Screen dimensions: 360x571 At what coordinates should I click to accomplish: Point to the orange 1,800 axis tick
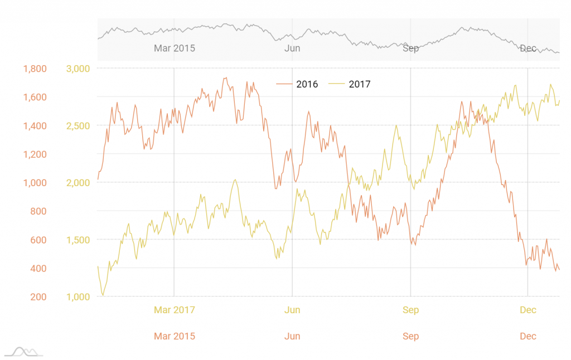pyautogui.click(x=35, y=69)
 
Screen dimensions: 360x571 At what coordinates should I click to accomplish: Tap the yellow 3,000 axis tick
pyautogui.click(x=78, y=69)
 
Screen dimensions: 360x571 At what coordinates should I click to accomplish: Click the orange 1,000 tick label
pyautogui.click(x=35, y=182)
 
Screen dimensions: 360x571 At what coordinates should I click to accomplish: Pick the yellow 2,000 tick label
pyautogui.click(x=78, y=182)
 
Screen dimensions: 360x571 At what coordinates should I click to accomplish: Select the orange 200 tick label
pyautogui.click(x=38, y=296)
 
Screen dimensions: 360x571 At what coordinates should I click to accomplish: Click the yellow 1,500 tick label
pyautogui.click(x=78, y=240)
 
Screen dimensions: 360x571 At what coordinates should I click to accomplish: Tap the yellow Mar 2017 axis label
pyautogui.click(x=174, y=310)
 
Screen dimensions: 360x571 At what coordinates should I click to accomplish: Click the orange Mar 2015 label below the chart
pyautogui.click(x=174, y=336)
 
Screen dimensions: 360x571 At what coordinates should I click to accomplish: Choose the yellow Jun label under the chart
pyautogui.click(x=292, y=310)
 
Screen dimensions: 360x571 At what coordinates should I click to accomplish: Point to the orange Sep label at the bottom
pyautogui.click(x=410, y=336)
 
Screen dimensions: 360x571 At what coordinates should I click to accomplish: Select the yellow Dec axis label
pyautogui.click(x=528, y=310)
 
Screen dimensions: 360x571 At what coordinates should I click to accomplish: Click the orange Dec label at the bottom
pyautogui.click(x=528, y=336)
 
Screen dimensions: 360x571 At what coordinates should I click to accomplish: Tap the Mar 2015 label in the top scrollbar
pyautogui.click(x=174, y=48)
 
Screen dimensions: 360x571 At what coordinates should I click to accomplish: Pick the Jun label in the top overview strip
pyautogui.click(x=292, y=48)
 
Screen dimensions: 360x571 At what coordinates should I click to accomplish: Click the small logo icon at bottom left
pyautogui.click(x=23, y=352)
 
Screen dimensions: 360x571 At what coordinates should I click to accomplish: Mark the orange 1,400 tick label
pyautogui.click(x=35, y=125)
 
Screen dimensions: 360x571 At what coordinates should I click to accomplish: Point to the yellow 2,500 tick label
pyautogui.click(x=78, y=125)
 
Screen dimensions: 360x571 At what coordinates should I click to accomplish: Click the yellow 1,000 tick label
pyautogui.click(x=78, y=296)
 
